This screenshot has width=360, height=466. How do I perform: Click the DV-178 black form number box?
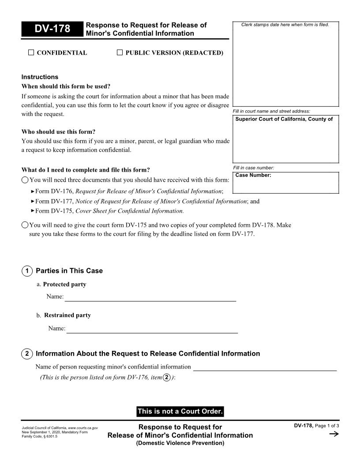click(x=52, y=29)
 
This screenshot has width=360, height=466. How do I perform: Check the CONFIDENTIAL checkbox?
click(x=31, y=53)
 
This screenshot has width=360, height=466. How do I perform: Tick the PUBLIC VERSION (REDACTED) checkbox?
click(x=120, y=53)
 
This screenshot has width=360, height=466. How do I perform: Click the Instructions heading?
click(x=40, y=77)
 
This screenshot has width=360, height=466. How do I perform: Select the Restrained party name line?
click(x=152, y=329)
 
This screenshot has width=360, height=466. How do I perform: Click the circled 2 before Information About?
click(x=27, y=354)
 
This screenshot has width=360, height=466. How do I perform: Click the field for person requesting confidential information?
click(x=265, y=367)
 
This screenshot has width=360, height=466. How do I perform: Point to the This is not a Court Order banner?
click(x=180, y=411)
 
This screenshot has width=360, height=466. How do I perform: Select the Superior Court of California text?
click(x=284, y=119)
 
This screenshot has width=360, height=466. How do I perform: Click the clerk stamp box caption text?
click(x=285, y=25)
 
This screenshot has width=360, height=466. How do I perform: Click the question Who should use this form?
click(x=58, y=132)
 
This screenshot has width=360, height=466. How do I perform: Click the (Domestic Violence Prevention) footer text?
click(x=180, y=443)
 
